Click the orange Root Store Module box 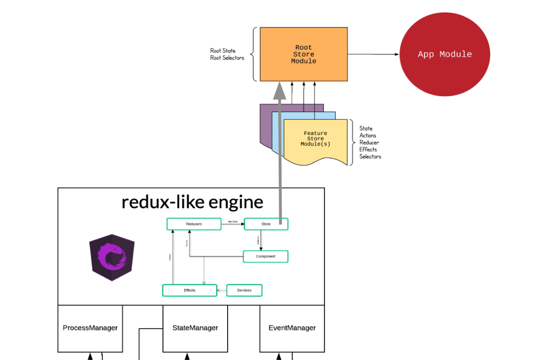pyautogui.click(x=303, y=54)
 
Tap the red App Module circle pyautogui.click(x=445, y=54)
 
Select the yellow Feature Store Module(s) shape pyautogui.click(x=315, y=140)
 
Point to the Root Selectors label pyautogui.click(x=227, y=58)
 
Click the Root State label pyautogui.click(x=223, y=51)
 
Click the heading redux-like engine pyautogui.click(x=192, y=202)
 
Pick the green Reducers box pyautogui.click(x=193, y=224)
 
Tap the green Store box pyautogui.click(x=266, y=224)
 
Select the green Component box pyautogui.click(x=265, y=256)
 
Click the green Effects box pyautogui.click(x=189, y=290)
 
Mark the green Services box pyautogui.click(x=244, y=290)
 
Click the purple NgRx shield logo pyautogui.click(x=112, y=257)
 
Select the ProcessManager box pyautogui.click(x=90, y=328)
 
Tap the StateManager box pyautogui.click(x=195, y=328)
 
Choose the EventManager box pyautogui.click(x=292, y=328)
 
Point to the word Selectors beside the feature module pyautogui.click(x=370, y=156)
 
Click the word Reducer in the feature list pyautogui.click(x=369, y=143)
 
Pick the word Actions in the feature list pyautogui.click(x=368, y=136)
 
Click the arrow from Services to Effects pyautogui.click(x=222, y=291)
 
